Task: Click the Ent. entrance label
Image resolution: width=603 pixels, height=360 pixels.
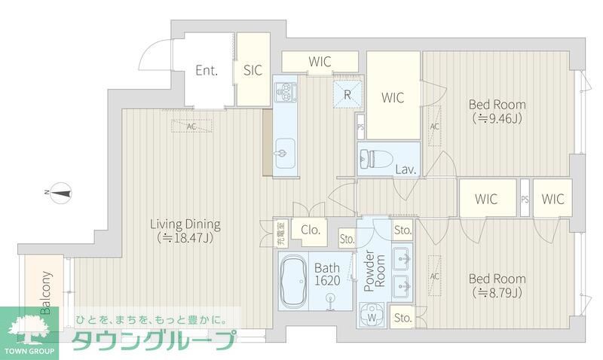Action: (x=207, y=71)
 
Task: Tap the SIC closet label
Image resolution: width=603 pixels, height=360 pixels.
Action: (x=253, y=71)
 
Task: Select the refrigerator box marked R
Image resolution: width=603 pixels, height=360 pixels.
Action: (x=347, y=95)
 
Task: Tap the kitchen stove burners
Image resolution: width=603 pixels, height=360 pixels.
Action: (x=286, y=93)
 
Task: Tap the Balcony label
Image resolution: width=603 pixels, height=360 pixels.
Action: (x=46, y=292)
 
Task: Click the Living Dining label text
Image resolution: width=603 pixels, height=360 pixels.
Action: (x=185, y=224)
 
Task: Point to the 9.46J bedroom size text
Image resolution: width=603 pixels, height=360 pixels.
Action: (x=497, y=118)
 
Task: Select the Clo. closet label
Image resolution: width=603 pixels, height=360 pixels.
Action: (x=311, y=230)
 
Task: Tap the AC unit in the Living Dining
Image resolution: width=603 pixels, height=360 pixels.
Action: (x=191, y=127)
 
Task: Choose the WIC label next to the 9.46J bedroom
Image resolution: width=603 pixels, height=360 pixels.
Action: (x=393, y=97)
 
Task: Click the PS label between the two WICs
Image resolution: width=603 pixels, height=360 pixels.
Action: (x=525, y=200)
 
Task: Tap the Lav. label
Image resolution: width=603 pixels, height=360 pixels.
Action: (x=406, y=169)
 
